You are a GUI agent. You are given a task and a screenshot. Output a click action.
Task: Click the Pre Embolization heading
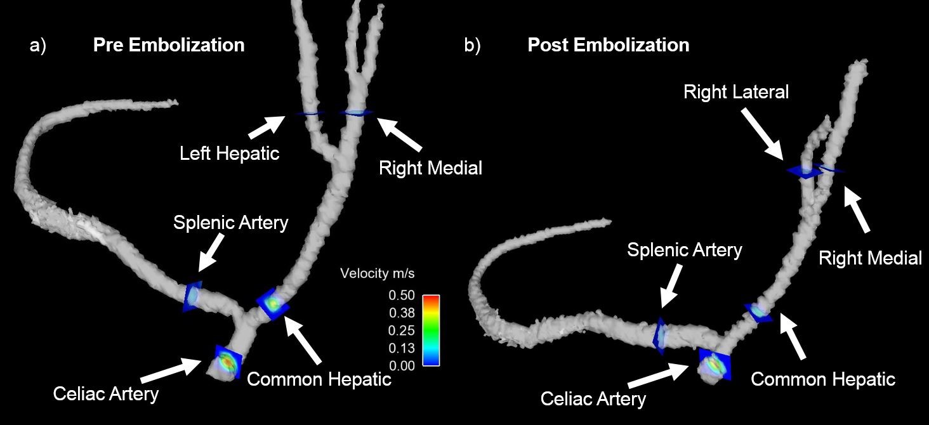[x=168, y=45]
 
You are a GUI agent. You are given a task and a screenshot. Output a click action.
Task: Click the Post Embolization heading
[x=608, y=45]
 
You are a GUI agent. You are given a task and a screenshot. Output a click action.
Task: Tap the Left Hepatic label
[x=229, y=153]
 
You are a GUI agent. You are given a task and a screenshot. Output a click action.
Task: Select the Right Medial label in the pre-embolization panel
[x=430, y=168]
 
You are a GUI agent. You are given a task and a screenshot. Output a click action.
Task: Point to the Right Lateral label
[x=735, y=92]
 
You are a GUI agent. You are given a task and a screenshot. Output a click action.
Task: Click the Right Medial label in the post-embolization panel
[x=870, y=258]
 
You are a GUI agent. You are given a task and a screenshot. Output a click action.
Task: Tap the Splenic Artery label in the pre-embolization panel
[x=230, y=223]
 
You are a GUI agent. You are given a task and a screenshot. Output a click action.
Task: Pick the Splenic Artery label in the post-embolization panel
[x=684, y=250]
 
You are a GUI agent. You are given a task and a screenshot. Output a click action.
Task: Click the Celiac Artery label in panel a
[x=105, y=394]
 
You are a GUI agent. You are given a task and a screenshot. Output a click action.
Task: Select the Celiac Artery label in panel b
[x=593, y=399]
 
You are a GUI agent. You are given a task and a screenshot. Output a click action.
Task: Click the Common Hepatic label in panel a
[x=319, y=379]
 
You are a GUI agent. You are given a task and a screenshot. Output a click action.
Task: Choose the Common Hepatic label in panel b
[x=823, y=379]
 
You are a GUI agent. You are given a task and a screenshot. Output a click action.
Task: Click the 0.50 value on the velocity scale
[x=402, y=296]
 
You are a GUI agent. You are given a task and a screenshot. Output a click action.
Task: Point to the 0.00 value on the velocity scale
[x=402, y=365]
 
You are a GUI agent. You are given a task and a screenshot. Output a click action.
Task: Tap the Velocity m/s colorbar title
[x=377, y=274]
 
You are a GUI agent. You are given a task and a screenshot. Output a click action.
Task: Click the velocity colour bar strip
[x=431, y=330]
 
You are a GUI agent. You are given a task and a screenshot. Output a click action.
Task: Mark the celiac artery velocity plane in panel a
[x=227, y=362]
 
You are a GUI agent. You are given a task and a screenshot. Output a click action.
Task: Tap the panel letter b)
[x=472, y=46]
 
